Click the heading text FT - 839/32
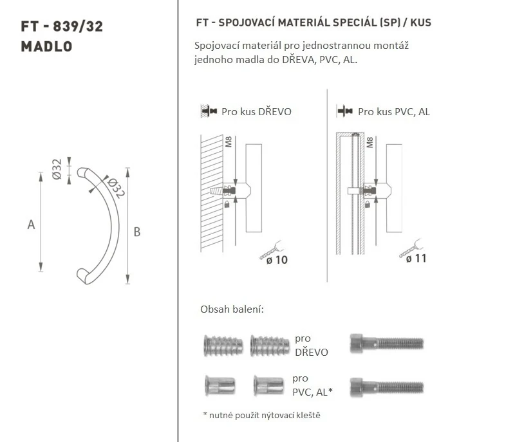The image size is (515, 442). (x=62, y=26)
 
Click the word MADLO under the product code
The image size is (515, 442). (x=46, y=46)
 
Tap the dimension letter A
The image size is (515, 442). (x=31, y=225)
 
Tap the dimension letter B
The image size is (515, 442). (x=137, y=232)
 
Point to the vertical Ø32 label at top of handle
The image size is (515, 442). (x=57, y=169)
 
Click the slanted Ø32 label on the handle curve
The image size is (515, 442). (x=115, y=188)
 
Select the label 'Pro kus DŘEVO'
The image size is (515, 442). (x=256, y=112)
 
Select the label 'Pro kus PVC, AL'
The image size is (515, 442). (x=394, y=112)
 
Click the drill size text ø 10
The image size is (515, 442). (x=277, y=260)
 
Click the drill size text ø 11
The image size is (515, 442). (x=416, y=259)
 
